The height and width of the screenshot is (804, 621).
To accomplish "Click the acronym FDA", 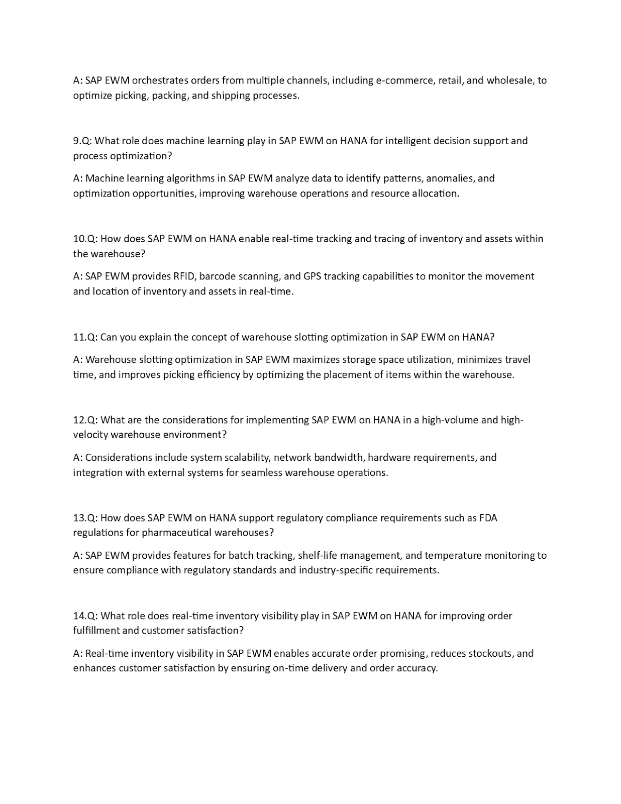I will point(487,518).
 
